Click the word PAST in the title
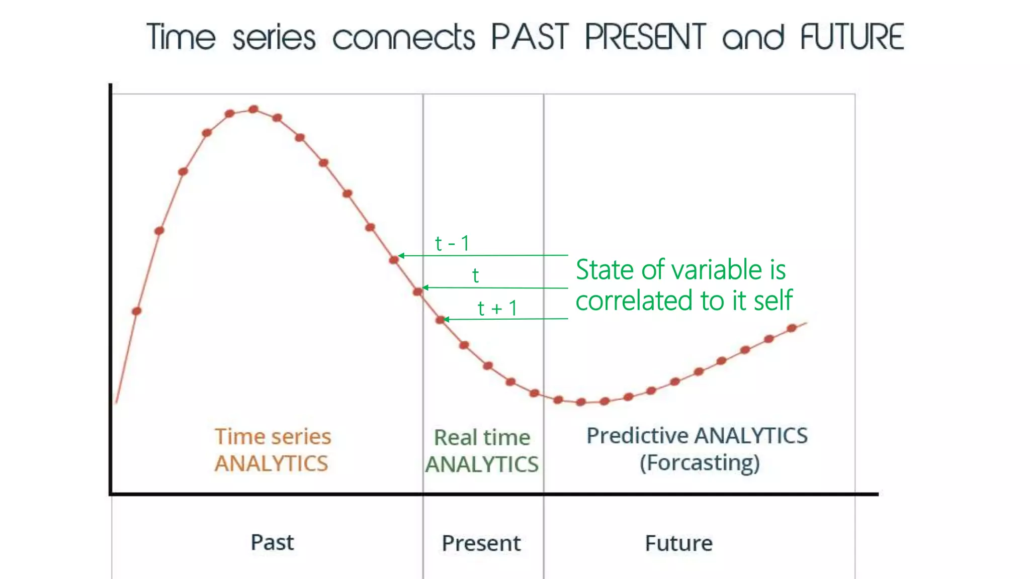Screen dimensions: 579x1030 [x=530, y=37]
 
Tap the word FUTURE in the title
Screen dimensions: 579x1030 [x=852, y=37]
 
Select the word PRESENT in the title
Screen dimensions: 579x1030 [x=645, y=37]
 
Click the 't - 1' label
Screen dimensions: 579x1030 [x=452, y=243]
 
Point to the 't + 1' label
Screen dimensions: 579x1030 [x=497, y=308]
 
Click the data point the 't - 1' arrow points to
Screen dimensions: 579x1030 [x=394, y=260]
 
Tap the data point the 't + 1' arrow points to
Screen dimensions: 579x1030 [x=440, y=320]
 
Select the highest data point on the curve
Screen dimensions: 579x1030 [x=253, y=109]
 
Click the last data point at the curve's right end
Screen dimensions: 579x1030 [x=792, y=328]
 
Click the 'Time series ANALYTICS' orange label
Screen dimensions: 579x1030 [x=273, y=450]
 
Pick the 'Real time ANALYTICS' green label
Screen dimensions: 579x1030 [x=482, y=451]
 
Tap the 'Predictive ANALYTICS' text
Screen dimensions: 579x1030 [x=697, y=436]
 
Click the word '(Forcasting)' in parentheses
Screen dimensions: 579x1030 [x=700, y=463]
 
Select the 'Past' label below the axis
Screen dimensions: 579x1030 [x=272, y=542]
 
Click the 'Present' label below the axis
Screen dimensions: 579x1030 [x=481, y=543]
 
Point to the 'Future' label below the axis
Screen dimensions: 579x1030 [x=678, y=543]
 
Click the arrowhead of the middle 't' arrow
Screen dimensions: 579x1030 [x=425, y=287]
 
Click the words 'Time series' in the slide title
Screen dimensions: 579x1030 [x=231, y=37]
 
